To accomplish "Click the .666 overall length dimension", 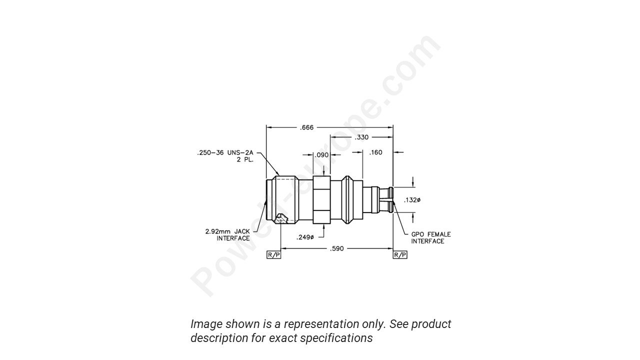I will pyautogui.click(x=306, y=127).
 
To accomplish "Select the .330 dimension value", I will pyautogui.click(x=361, y=137).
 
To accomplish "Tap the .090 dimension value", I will pyautogui.click(x=322, y=155).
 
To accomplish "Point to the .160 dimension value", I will pyautogui.click(x=375, y=152).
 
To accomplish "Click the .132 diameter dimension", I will pyautogui.click(x=412, y=200).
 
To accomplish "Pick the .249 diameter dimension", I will pyautogui.click(x=304, y=237).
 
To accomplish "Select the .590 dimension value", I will pyautogui.click(x=337, y=248).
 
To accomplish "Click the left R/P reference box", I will pyautogui.click(x=274, y=255).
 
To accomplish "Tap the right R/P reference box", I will pyautogui.click(x=400, y=255).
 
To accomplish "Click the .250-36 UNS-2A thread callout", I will pyautogui.click(x=225, y=153).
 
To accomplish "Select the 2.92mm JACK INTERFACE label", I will pyautogui.click(x=227, y=235).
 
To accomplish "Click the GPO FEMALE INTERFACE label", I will pyautogui.click(x=430, y=237).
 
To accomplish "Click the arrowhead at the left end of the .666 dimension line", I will pyautogui.click(x=268, y=127).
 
